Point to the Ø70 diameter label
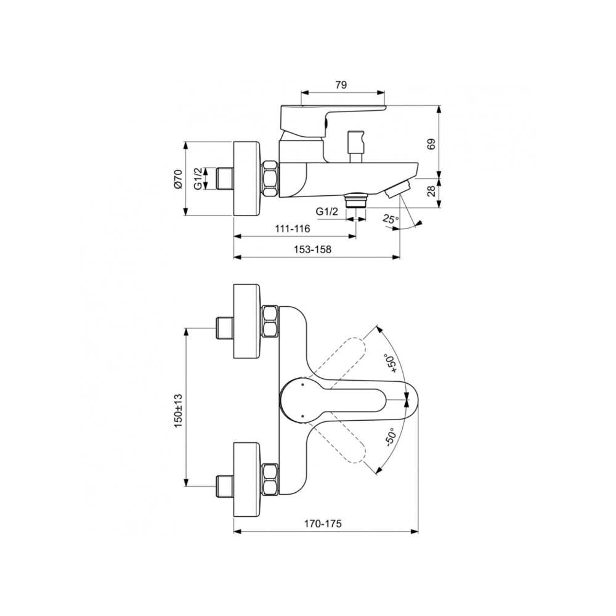click(178, 179)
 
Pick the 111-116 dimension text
click(293, 229)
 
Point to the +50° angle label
click(390, 363)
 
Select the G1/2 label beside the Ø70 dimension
click(198, 179)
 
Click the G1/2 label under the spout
click(327, 211)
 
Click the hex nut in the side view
click(270, 179)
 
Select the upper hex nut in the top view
click(270, 322)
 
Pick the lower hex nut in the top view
click(270, 479)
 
